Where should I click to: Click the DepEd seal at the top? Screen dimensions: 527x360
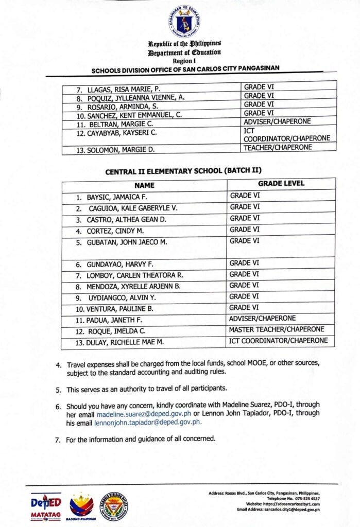point(184,21)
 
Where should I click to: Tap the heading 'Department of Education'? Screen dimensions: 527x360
point(184,52)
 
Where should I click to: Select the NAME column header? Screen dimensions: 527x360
point(145,184)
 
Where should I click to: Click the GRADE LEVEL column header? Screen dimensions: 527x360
point(281,183)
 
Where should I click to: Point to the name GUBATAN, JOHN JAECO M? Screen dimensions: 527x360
point(124,242)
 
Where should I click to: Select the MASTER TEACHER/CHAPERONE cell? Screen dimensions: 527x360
point(277,329)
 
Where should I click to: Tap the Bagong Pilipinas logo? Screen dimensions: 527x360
point(81,506)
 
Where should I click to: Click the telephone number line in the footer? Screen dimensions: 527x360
point(292,499)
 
